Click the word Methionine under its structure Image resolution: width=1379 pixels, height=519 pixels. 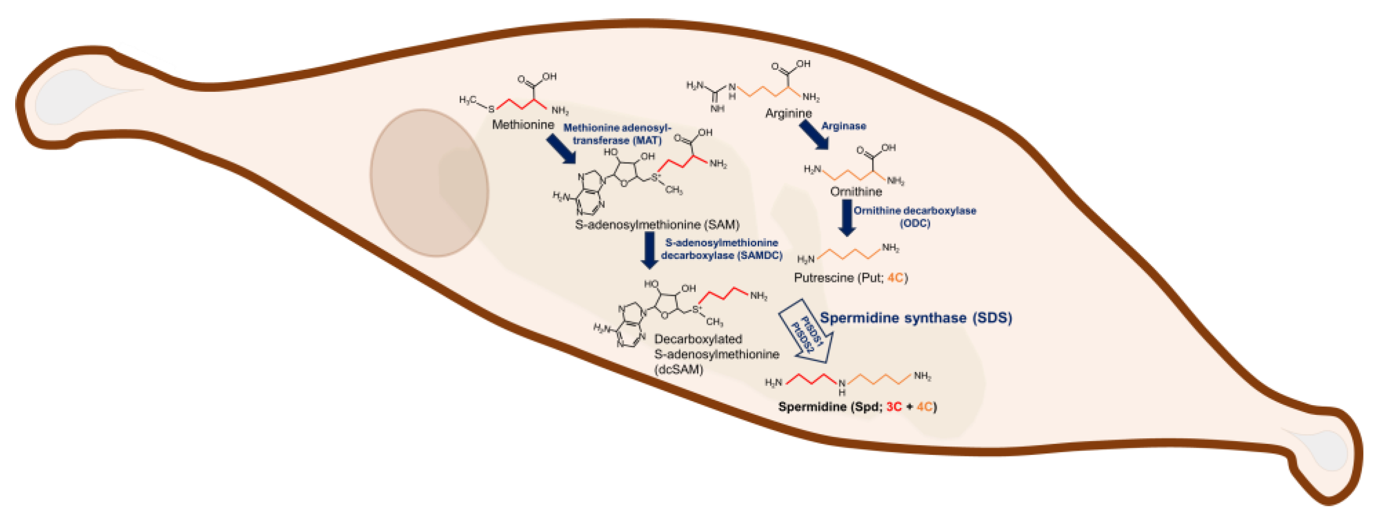pyautogui.click(x=523, y=125)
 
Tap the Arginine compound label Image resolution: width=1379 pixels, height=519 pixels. pyautogui.click(x=788, y=113)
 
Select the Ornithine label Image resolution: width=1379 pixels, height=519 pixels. pyautogui.click(x=856, y=191)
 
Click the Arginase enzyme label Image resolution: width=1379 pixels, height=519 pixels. pyautogui.click(x=844, y=126)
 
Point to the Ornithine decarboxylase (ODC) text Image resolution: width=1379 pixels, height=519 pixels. pyautogui.click(x=914, y=217)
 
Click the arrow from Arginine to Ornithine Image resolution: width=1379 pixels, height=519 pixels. pyautogui.click(x=814, y=135)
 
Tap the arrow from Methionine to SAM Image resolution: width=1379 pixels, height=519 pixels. pyautogui.click(x=561, y=149)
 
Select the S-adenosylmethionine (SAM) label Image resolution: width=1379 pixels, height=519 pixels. pyautogui.click(x=657, y=225)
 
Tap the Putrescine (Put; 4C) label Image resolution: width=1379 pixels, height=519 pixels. pyautogui.click(x=850, y=278)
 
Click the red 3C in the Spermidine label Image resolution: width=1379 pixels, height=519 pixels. pyautogui.click(x=894, y=407)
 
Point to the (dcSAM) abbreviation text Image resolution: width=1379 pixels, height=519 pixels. pyautogui.click(x=678, y=369)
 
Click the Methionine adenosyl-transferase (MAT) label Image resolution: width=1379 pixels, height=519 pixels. pyautogui.click(x=617, y=134)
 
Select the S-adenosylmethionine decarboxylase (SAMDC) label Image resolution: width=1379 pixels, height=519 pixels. pyautogui.click(x=721, y=249)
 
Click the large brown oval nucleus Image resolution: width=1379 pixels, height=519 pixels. pyautogui.click(x=429, y=183)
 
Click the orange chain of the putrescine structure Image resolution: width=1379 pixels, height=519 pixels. pyautogui.click(x=850, y=254)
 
